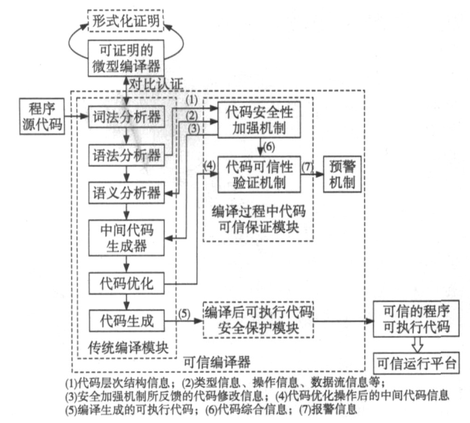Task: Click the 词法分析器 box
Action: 125,115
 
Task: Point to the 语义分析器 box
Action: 125,189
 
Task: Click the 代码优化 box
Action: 125,282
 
